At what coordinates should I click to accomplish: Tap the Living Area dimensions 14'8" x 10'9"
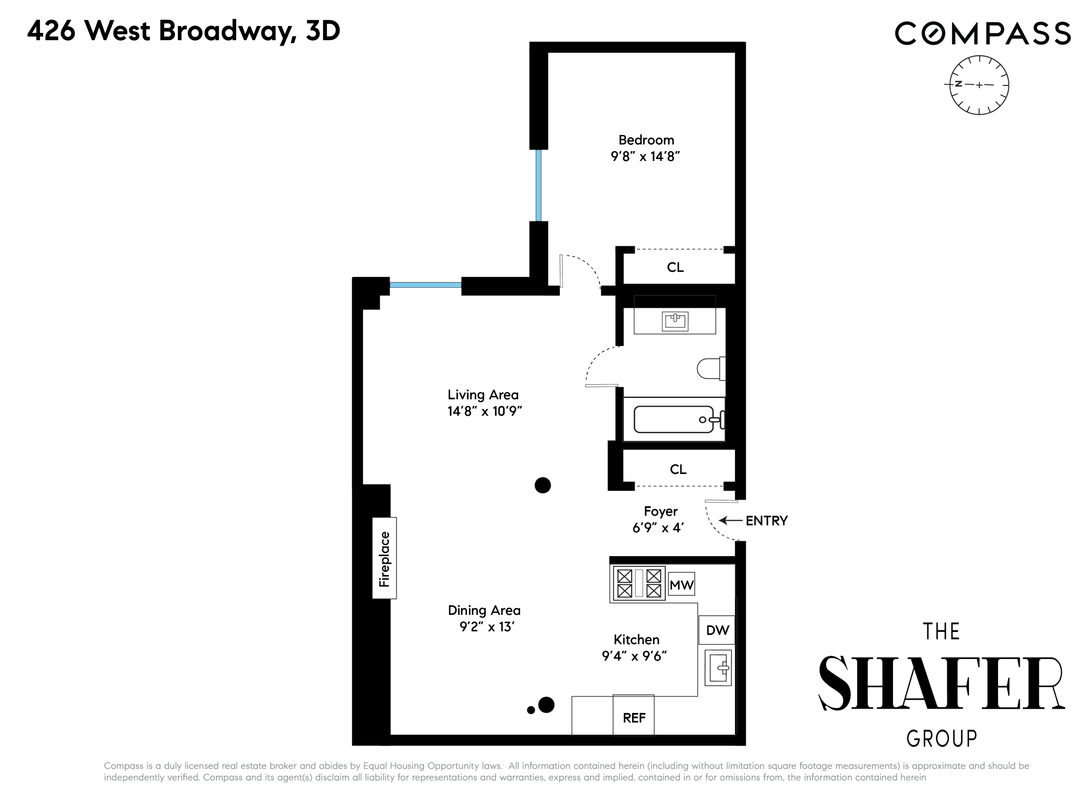(485, 411)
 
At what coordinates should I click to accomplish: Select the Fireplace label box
(384, 558)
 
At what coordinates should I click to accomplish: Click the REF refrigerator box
(634, 716)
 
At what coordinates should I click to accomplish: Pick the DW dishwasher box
(717, 630)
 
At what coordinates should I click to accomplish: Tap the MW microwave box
(681, 584)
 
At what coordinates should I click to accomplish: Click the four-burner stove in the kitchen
(639, 583)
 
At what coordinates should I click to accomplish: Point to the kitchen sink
(718, 667)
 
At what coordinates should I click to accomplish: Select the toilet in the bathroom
(711, 368)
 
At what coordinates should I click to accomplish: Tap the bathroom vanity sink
(675, 321)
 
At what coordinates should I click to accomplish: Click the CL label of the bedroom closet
(675, 267)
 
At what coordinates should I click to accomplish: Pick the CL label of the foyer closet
(678, 470)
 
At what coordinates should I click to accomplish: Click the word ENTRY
(766, 521)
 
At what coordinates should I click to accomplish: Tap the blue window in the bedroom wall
(539, 185)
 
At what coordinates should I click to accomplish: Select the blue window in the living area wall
(426, 285)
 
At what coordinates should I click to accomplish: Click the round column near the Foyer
(542, 485)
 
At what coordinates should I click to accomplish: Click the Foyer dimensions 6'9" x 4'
(658, 528)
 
